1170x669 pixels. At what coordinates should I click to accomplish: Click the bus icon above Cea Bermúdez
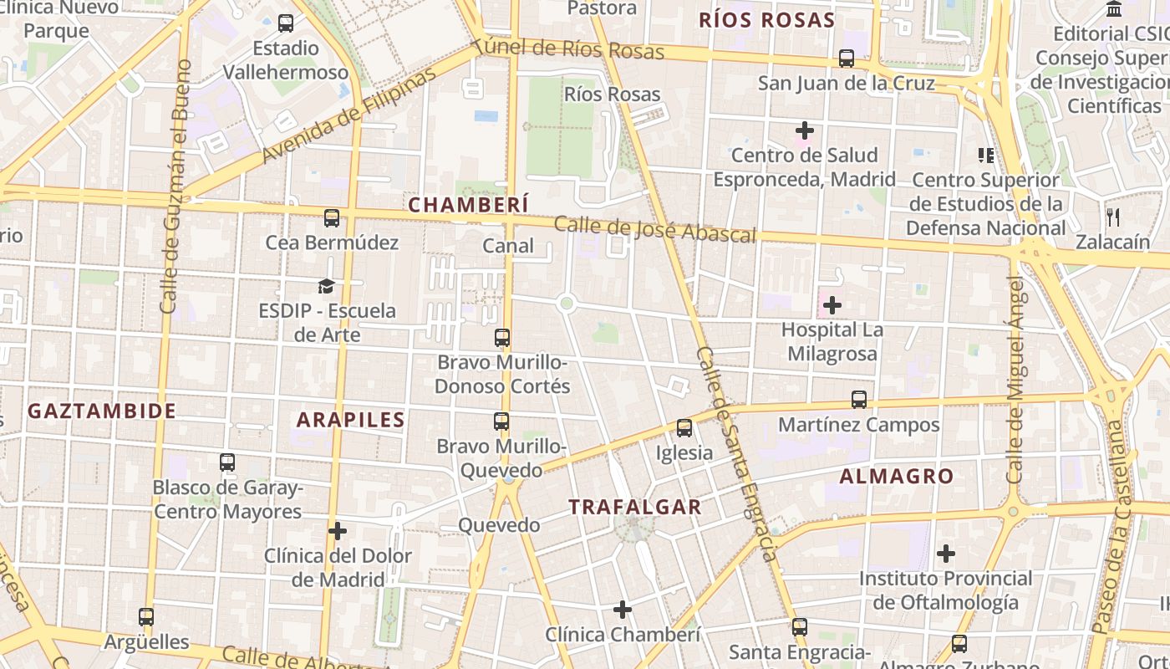332,218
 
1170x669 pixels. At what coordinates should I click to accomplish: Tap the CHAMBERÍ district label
468,205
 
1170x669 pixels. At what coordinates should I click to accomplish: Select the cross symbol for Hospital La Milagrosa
832,305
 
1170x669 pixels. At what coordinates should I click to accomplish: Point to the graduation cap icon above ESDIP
326,287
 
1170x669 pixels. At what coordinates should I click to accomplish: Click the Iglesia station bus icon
684,428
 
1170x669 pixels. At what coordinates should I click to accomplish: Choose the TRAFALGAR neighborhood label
635,507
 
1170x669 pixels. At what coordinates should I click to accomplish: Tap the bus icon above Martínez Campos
859,400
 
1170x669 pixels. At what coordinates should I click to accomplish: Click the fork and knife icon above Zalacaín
1112,217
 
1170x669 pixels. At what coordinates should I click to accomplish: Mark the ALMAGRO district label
897,477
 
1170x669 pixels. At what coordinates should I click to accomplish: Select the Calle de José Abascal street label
655,230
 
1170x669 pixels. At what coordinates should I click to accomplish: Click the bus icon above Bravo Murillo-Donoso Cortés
502,338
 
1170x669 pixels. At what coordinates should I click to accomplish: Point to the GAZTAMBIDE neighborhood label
102,411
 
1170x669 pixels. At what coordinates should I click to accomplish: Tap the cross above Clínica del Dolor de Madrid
338,531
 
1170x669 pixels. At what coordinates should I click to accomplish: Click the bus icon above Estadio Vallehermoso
286,23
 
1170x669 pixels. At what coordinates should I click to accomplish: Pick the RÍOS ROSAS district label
767,21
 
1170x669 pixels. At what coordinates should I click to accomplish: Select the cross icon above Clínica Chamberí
623,610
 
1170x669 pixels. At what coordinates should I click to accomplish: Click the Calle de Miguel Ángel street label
1015,380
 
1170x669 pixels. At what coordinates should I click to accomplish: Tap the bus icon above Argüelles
146,617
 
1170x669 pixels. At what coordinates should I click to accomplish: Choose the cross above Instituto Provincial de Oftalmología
946,554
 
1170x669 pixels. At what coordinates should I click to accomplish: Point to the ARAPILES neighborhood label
351,420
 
